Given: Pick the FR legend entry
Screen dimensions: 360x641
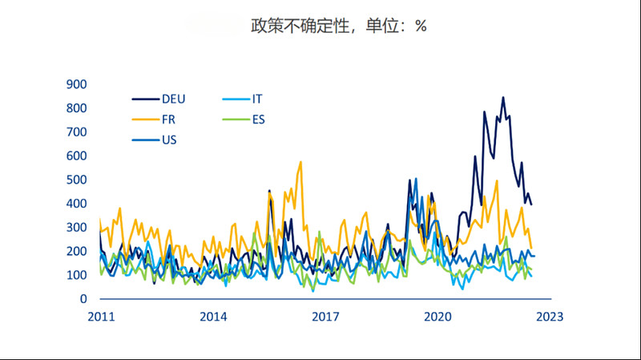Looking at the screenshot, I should pyautogui.click(x=169, y=119).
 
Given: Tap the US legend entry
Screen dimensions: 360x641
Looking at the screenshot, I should pyautogui.click(x=169, y=140).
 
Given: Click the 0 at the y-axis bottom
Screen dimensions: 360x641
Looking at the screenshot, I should pyautogui.click(x=83, y=299).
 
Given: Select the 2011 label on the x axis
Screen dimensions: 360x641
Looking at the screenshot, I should pyautogui.click(x=101, y=317).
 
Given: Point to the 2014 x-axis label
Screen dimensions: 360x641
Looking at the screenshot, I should pyautogui.click(x=213, y=317).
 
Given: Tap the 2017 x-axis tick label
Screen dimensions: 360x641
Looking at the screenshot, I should pyautogui.click(x=325, y=317).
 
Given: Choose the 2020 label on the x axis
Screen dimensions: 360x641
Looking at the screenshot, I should pyautogui.click(x=438, y=317).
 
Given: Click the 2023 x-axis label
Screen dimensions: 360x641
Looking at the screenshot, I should pyautogui.click(x=550, y=317).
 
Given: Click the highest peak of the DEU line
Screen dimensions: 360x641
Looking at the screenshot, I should pyautogui.click(x=503, y=98).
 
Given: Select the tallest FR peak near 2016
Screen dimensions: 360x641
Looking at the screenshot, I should pyautogui.click(x=300, y=162).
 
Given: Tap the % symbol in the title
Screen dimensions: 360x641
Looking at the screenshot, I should pyautogui.click(x=421, y=26).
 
